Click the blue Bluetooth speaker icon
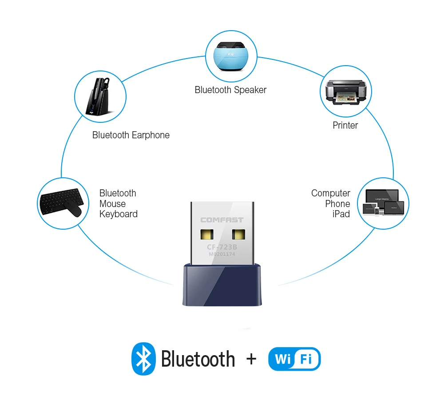231,56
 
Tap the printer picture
345,91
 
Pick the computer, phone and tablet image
383,203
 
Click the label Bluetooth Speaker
230,90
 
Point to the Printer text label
345,125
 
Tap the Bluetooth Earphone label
131,135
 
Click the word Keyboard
119,214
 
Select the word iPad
341,214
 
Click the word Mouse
112,204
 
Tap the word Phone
337,204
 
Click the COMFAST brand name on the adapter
222,220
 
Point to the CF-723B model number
222,247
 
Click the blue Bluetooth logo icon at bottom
143,359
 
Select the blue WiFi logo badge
294,359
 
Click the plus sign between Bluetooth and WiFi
251,359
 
